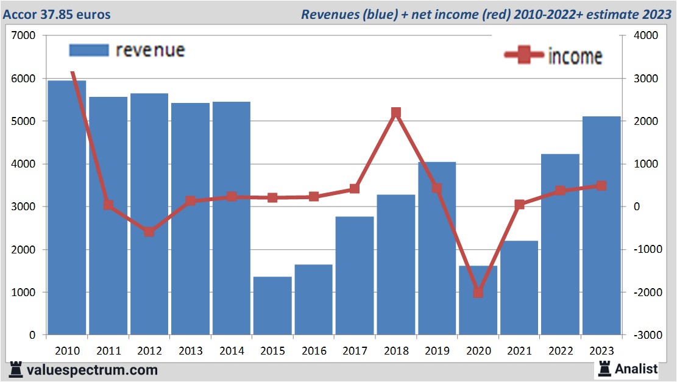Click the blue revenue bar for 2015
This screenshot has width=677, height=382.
pos(272,305)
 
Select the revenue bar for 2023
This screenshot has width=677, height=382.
pos(601,225)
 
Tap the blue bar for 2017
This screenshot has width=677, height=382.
pos(355,275)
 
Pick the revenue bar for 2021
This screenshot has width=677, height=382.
pos(519,288)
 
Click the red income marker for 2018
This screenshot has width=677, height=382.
pos(395,113)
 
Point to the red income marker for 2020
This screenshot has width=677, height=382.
pos(478,292)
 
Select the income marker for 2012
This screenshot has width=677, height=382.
pos(149,232)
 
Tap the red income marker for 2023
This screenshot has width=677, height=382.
pos(601,186)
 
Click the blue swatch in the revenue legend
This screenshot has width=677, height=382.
pos(88,50)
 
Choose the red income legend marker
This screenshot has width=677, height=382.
pos(525,55)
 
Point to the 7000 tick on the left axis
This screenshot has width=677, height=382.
pos(24,36)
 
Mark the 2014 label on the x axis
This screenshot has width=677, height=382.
pos(232,351)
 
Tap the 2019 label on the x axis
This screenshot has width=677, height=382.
pos(437,351)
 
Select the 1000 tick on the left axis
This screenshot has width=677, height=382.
pos(24,292)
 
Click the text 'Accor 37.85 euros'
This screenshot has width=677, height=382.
pos(57,14)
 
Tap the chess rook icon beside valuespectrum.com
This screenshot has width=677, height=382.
pos(16,369)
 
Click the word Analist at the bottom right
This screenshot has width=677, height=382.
pos(636,369)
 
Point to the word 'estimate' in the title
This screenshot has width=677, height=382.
pos(611,14)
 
